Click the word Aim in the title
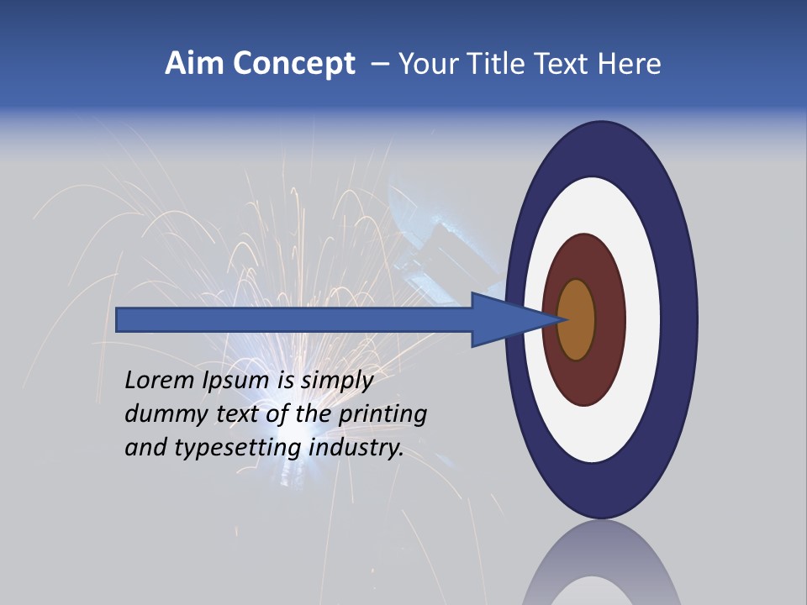pos(194,64)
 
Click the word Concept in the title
pos(293,64)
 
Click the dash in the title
pos(379,64)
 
